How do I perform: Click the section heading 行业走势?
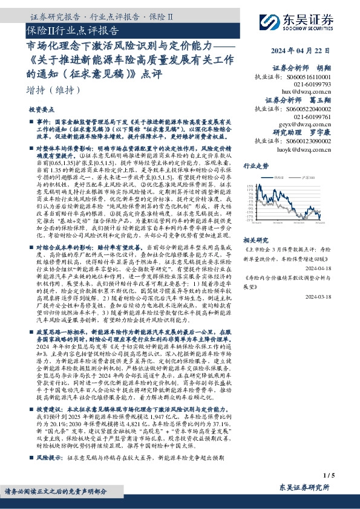255,165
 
